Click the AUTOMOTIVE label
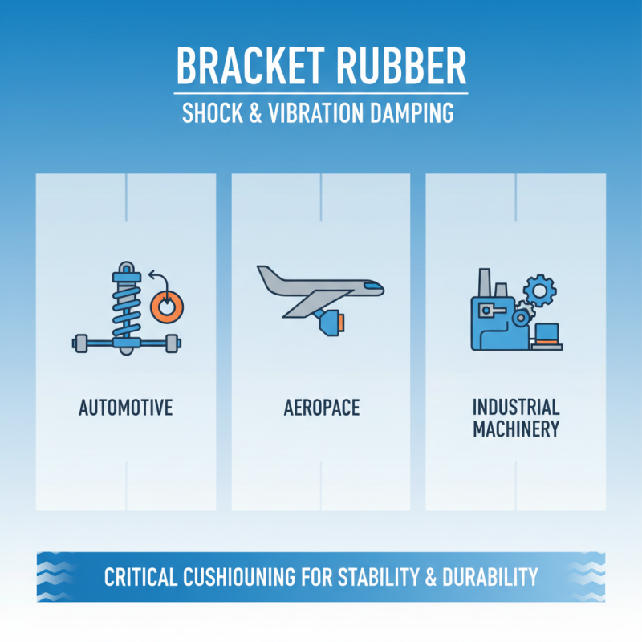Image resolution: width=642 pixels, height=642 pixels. point(126,408)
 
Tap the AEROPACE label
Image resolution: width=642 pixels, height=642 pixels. point(321,408)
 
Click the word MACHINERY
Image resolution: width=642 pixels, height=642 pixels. point(515,429)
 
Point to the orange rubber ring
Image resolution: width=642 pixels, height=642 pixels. point(167,306)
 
